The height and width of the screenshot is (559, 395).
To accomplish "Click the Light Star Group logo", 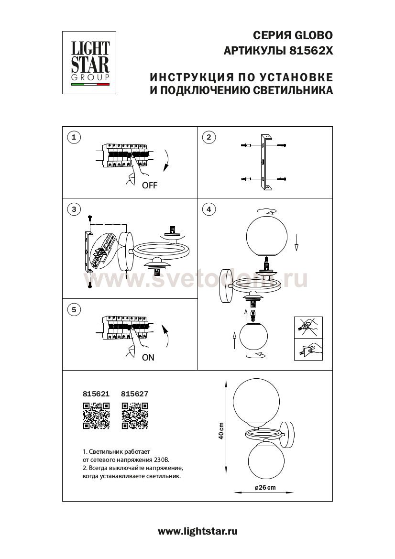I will tap(90, 62).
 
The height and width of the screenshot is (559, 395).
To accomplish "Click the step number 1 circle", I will tap(73, 138).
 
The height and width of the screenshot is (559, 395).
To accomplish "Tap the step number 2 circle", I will tap(208, 138).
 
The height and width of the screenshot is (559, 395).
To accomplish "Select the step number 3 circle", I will tap(73, 209).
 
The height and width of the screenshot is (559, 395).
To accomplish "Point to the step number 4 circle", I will tap(208, 209).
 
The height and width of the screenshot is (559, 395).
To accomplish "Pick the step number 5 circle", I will tap(73, 310).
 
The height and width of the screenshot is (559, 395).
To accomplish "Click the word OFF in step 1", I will tap(149, 186).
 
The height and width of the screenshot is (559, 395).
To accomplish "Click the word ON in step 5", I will tap(148, 357).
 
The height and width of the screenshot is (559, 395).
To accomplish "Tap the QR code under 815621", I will tap(97, 415).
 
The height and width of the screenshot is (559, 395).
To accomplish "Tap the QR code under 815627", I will tap(135, 415).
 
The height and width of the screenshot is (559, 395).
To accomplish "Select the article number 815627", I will tap(135, 395).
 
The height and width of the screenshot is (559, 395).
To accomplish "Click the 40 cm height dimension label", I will tap(221, 431).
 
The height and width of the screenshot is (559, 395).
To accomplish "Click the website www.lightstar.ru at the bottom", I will tap(197, 531).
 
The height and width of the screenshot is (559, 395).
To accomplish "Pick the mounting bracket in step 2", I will tap(263, 163).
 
